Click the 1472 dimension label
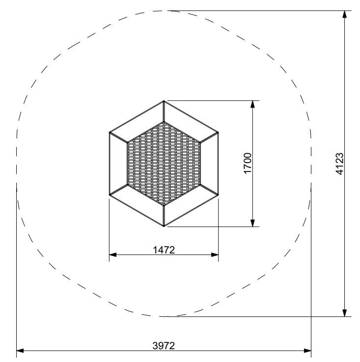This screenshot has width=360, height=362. pyautogui.click(x=164, y=250)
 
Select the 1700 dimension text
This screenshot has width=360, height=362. pyautogui.click(x=248, y=163)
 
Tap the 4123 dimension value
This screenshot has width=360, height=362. pyautogui.click(x=340, y=164)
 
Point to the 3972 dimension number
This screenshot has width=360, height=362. pyautogui.click(x=164, y=346)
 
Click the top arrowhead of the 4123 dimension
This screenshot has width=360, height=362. pyautogui.click(x=344, y=14)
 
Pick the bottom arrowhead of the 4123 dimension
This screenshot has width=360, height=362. pyautogui.click(x=344, y=313)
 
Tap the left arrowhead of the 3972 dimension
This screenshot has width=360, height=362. pyautogui.click(x=20, y=351)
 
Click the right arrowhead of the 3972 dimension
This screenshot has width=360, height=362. pyautogui.click(x=307, y=351)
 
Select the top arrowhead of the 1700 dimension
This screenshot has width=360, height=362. pyautogui.click(x=252, y=104)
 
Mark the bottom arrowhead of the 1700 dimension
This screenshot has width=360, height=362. pyautogui.click(x=252, y=223)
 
